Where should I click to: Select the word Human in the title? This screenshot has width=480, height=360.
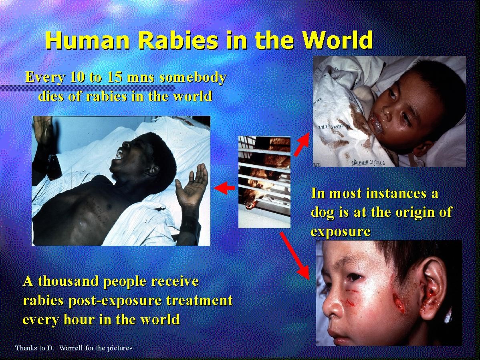point(88,40)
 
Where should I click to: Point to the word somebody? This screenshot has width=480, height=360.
point(193,77)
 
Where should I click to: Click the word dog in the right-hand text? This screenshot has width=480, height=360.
point(323,212)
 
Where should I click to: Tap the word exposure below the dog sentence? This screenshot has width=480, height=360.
point(341,232)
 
